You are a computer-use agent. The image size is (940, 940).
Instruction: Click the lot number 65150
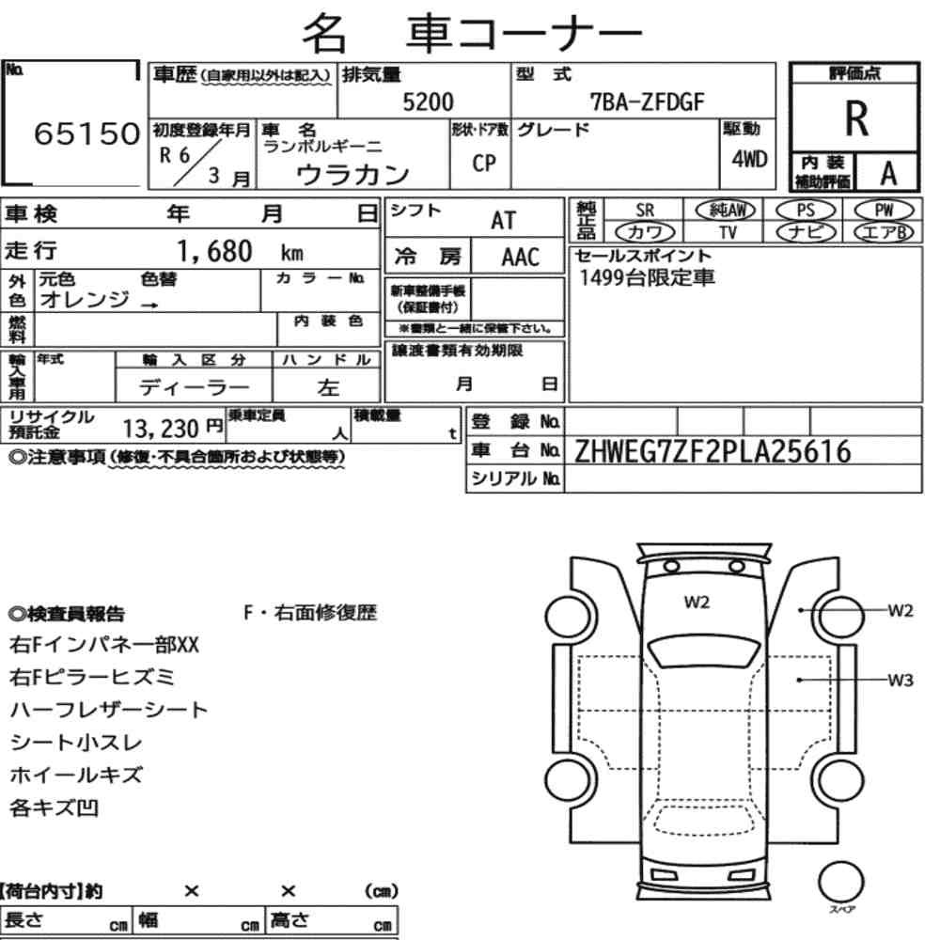tap(86, 133)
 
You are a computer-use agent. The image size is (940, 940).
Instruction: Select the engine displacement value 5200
tap(428, 102)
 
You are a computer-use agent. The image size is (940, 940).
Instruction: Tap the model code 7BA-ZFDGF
tap(647, 102)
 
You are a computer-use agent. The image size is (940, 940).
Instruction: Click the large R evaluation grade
tap(856, 118)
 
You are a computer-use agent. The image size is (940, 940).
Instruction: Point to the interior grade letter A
tap(888, 174)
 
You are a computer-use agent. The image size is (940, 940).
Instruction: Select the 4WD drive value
tap(749, 159)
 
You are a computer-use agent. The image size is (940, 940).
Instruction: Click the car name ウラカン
tap(352, 175)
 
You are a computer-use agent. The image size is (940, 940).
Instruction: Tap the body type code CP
tap(484, 163)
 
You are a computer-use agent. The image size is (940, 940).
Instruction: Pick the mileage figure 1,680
tap(214, 251)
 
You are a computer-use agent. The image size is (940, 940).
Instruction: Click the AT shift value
tap(503, 221)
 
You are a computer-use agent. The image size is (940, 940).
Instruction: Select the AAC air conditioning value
tap(521, 258)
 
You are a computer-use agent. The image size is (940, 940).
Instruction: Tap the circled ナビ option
tap(806, 232)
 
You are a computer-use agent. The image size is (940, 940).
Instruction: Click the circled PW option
tap(884, 210)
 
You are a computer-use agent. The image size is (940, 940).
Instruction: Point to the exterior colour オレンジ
tap(85, 299)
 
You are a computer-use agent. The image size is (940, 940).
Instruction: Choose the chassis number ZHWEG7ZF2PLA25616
tap(713, 451)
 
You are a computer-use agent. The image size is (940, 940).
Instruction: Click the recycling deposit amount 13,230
tap(161, 429)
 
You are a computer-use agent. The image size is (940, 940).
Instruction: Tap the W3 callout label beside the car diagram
tap(901, 681)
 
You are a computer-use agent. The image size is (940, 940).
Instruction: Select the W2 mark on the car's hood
tap(697, 602)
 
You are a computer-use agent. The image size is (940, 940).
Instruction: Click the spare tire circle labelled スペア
tap(841, 883)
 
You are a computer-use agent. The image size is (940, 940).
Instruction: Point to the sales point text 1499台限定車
tap(647, 277)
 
